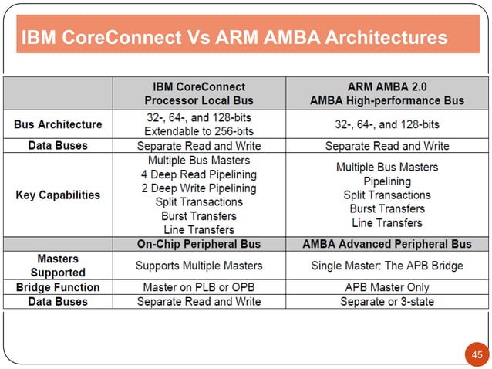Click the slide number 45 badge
(x=476, y=354)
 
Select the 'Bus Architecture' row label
(x=58, y=124)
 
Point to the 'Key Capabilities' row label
(x=58, y=195)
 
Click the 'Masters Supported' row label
(x=58, y=266)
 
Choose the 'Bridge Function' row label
(x=58, y=286)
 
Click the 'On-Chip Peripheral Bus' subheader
(x=199, y=244)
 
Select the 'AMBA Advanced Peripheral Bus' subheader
(x=386, y=244)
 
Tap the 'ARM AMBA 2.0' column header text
(x=386, y=86)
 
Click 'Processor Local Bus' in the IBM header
(x=199, y=100)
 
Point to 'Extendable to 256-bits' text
(x=199, y=130)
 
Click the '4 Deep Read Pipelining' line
(x=199, y=174)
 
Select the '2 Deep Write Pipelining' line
(x=199, y=188)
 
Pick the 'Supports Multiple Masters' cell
(x=199, y=266)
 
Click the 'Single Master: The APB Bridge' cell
(x=386, y=266)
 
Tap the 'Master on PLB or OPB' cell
(x=199, y=286)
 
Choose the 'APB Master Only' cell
(x=386, y=286)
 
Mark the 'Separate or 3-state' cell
(x=386, y=301)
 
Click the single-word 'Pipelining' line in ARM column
(x=386, y=181)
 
